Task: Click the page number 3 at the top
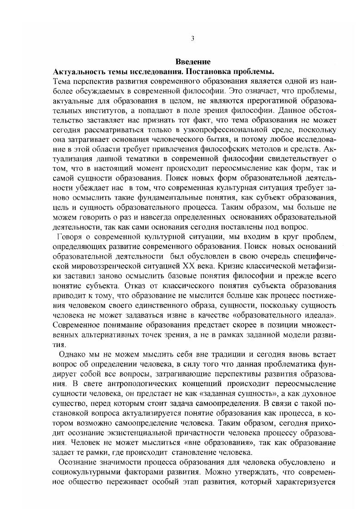point(192,39)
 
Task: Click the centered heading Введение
point(192,63)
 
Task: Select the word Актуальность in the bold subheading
point(80,72)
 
